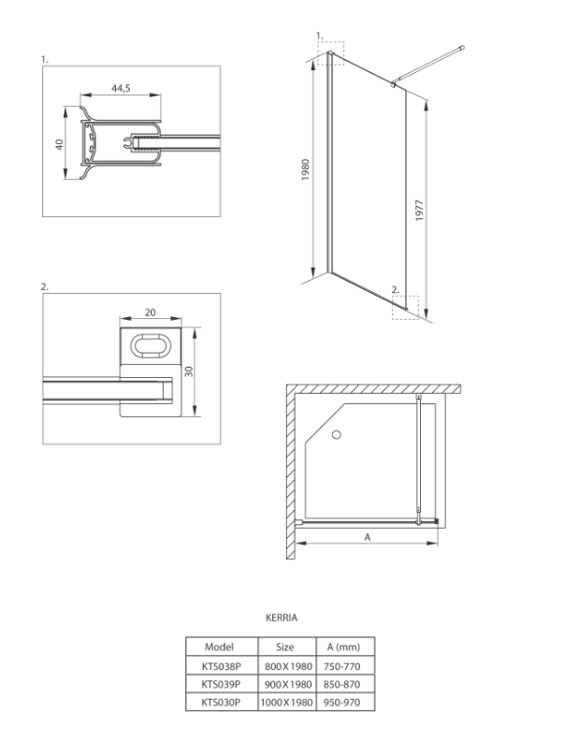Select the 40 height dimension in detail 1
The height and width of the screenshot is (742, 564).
[58, 145]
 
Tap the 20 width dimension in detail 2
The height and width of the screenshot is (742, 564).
[149, 313]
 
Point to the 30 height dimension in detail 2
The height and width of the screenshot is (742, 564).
[188, 371]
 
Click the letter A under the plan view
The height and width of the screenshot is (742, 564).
[367, 537]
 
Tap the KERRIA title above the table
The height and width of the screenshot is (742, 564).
[282, 618]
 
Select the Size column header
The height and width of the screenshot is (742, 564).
[285, 647]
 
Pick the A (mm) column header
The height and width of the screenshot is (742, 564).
[344, 647]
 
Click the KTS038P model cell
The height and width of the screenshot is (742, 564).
[218, 665]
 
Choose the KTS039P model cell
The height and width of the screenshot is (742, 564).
[218, 684]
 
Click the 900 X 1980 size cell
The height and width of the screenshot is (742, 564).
[285, 684]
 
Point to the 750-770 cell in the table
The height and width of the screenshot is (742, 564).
[344, 665]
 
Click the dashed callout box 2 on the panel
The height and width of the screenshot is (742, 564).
[406, 308]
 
